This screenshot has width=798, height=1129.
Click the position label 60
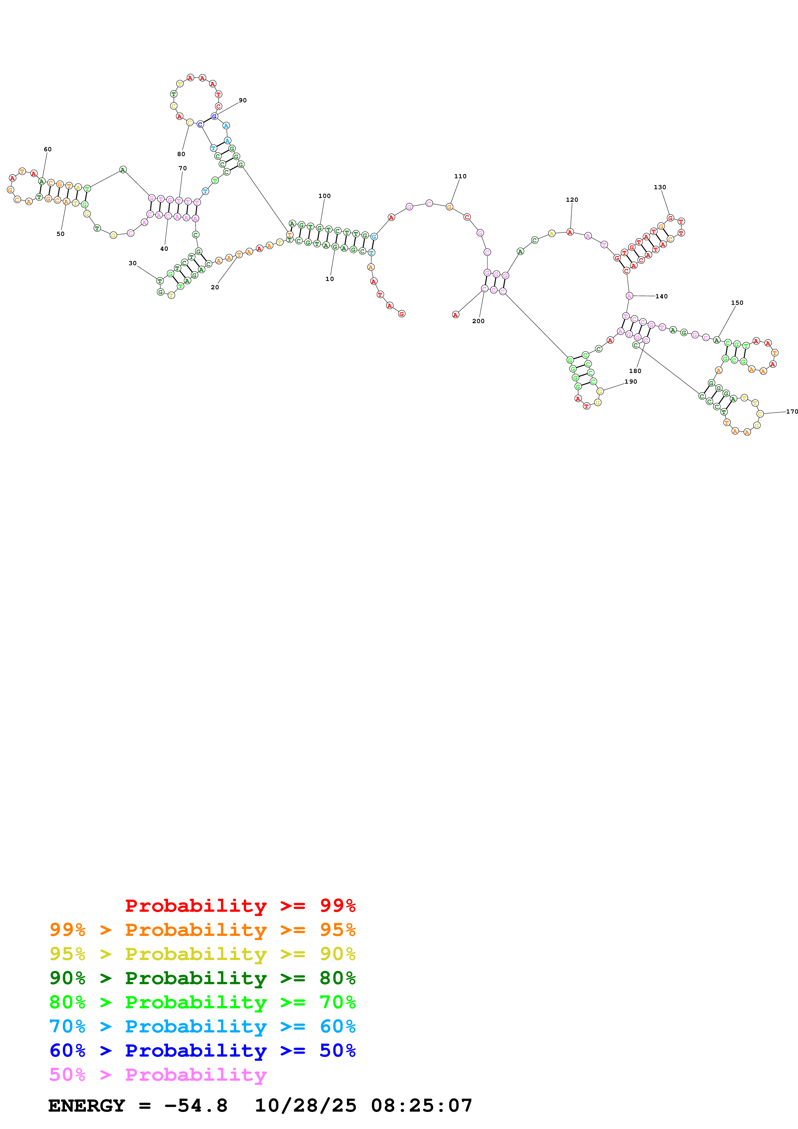click(48, 149)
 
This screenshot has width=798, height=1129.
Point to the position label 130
click(660, 187)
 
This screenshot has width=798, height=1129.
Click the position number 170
click(792, 412)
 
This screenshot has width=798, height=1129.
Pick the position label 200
click(478, 321)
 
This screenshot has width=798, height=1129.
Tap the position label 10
click(329, 279)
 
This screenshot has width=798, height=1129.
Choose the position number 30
click(133, 263)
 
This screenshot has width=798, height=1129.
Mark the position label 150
click(737, 303)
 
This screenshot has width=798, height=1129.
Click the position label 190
click(631, 382)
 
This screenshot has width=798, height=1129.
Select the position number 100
click(324, 196)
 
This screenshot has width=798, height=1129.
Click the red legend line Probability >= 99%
click(240, 905)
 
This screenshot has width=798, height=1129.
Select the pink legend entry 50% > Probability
click(158, 1074)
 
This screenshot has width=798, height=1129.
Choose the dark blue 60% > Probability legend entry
click(202, 1050)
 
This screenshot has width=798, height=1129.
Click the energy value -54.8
click(196, 1106)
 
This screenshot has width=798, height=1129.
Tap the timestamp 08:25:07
click(421, 1106)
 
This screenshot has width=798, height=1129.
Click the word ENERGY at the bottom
click(87, 1106)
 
